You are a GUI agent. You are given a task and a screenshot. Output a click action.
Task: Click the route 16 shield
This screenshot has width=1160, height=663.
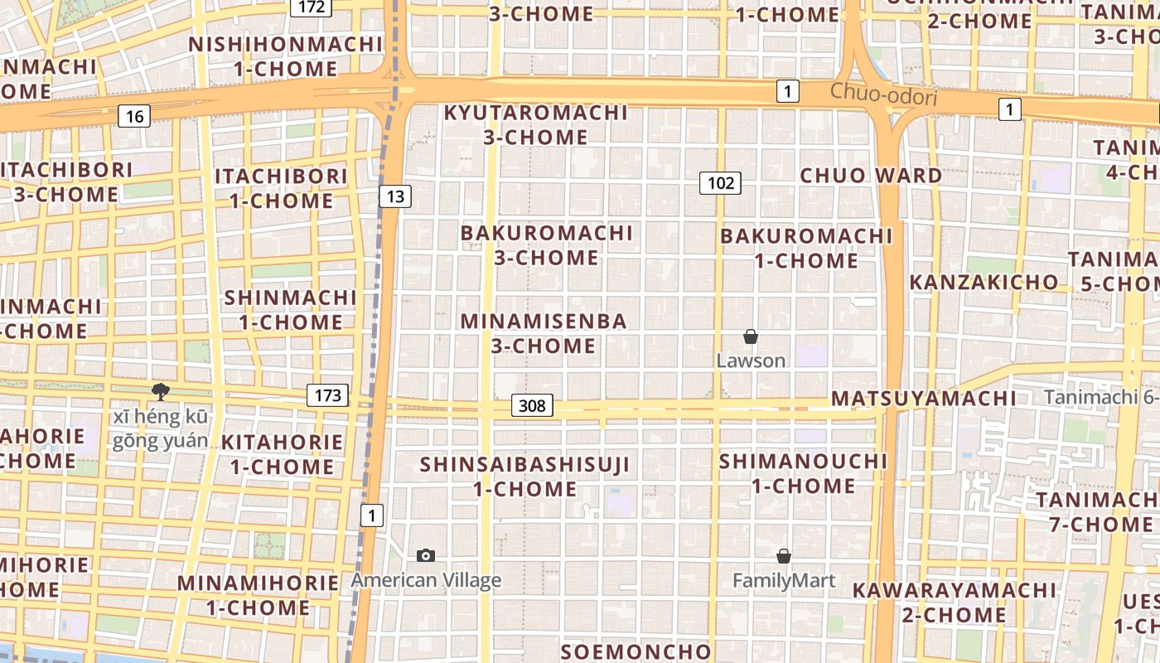[134, 116]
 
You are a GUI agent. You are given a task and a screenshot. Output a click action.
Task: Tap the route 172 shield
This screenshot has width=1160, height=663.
[311, 7]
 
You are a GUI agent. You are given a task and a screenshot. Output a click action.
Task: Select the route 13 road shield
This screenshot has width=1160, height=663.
[395, 196]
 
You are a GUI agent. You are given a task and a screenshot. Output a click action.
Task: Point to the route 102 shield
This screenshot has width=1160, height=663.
[719, 183]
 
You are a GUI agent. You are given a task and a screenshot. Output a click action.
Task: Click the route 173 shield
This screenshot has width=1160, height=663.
[327, 395]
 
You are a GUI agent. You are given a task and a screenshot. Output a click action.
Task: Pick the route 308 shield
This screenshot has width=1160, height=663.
[532, 405]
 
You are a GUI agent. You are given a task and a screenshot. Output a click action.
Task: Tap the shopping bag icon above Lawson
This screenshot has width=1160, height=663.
[750, 336]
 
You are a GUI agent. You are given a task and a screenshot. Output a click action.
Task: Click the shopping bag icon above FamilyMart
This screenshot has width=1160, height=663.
[783, 556]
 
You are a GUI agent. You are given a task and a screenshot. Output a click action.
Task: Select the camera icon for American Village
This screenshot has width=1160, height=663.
[426, 556]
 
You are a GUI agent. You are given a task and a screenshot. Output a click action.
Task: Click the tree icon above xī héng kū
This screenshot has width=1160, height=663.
[160, 392]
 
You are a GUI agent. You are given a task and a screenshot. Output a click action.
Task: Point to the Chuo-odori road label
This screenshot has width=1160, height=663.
[883, 95]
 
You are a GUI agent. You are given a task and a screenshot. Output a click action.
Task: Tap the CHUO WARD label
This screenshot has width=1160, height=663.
[871, 176]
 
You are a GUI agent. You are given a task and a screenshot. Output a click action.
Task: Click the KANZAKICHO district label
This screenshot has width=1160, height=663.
[984, 283]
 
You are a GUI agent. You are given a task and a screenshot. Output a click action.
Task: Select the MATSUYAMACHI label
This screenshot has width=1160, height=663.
[923, 399]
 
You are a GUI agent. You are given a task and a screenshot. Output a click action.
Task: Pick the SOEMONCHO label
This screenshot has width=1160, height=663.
[636, 651]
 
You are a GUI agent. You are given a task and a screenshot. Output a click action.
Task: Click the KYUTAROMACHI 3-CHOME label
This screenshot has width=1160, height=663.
[536, 124]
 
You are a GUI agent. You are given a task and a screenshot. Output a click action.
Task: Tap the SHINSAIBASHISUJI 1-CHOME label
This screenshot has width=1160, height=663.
[524, 477]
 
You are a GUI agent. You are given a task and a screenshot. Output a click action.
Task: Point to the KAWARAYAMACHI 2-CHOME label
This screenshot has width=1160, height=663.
[955, 603]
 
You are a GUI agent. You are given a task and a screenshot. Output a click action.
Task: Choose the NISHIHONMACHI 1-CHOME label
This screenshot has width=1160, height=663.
[286, 56]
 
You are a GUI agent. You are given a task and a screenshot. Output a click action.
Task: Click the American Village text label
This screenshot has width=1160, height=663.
[426, 580]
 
